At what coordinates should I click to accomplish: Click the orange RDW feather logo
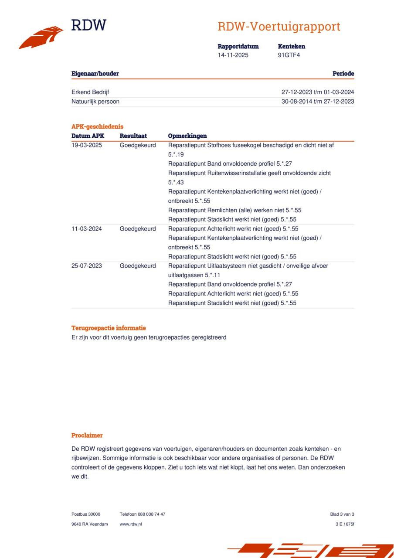[41, 37]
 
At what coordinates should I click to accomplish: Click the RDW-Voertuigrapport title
[279, 27]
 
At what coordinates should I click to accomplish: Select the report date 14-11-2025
[233, 55]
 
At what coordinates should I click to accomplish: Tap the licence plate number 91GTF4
[289, 55]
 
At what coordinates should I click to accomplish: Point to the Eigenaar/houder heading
[95, 74]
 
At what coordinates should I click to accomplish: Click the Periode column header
[343, 74]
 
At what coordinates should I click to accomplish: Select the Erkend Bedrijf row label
[90, 92]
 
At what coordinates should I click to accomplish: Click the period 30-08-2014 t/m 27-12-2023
[318, 102]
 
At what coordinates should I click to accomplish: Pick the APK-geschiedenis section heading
[97, 126]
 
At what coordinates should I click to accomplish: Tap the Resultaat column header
[133, 136]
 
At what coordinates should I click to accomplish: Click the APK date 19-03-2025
[87, 145]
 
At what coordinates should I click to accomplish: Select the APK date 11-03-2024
[87, 229]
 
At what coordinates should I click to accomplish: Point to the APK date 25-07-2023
[87, 266]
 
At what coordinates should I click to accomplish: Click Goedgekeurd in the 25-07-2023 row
[138, 266]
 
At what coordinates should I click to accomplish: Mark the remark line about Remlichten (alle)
[234, 210]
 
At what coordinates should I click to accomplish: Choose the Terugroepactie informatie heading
[109, 328]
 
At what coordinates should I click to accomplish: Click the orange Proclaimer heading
[87, 435]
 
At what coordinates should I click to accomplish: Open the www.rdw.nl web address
[131, 524]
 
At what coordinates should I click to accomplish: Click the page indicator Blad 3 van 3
[342, 514]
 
